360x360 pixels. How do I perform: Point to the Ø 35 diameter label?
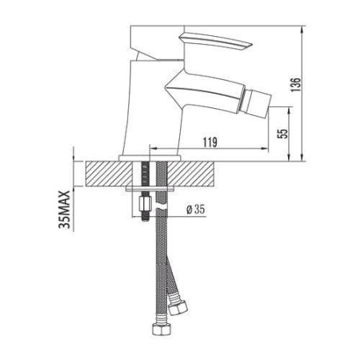click(x=195, y=209)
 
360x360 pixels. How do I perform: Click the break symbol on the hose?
click(x=162, y=210)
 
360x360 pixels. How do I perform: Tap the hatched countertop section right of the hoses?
click(x=208, y=172)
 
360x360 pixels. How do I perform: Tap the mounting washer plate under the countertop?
click(x=152, y=190)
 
